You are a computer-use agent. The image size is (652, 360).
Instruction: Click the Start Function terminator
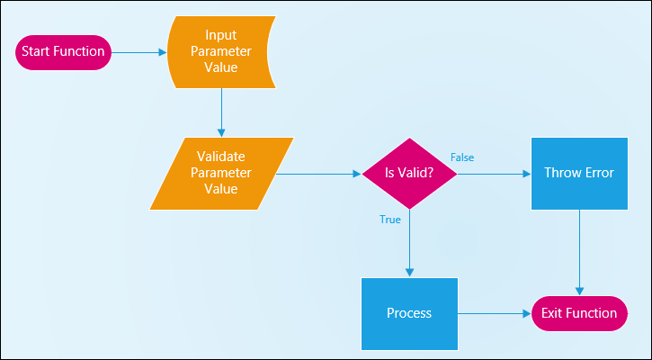pos(63,52)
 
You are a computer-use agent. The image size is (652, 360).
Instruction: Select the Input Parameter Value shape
pos(221,52)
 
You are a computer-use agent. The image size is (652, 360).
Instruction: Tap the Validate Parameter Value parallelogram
pos(221,173)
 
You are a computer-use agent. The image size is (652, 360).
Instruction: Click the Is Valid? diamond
pos(409,173)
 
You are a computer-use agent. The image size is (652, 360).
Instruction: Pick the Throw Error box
pos(579,173)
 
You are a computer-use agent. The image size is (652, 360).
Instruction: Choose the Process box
pos(409,314)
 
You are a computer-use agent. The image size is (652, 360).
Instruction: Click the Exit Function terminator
pos(579,314)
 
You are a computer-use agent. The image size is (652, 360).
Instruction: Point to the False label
pos(462,157)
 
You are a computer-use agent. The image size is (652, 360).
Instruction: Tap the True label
pos(390,220)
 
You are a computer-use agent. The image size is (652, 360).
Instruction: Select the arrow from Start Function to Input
pos(139,52)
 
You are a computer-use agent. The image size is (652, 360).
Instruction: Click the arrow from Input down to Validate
pos(221,112)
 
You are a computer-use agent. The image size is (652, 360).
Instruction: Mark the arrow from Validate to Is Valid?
pos(318,174)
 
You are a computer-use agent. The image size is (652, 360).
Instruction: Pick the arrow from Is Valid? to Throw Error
pos(495,174)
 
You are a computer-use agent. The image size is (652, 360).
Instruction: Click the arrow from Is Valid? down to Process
pos(410,243)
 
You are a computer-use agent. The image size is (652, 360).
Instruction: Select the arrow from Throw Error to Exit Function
pos(580,253)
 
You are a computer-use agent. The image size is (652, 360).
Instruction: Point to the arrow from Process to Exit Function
pos(495,314)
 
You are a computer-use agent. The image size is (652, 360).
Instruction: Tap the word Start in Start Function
pos(34,51)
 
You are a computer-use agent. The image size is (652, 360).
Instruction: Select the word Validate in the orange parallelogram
pos(221,157)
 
